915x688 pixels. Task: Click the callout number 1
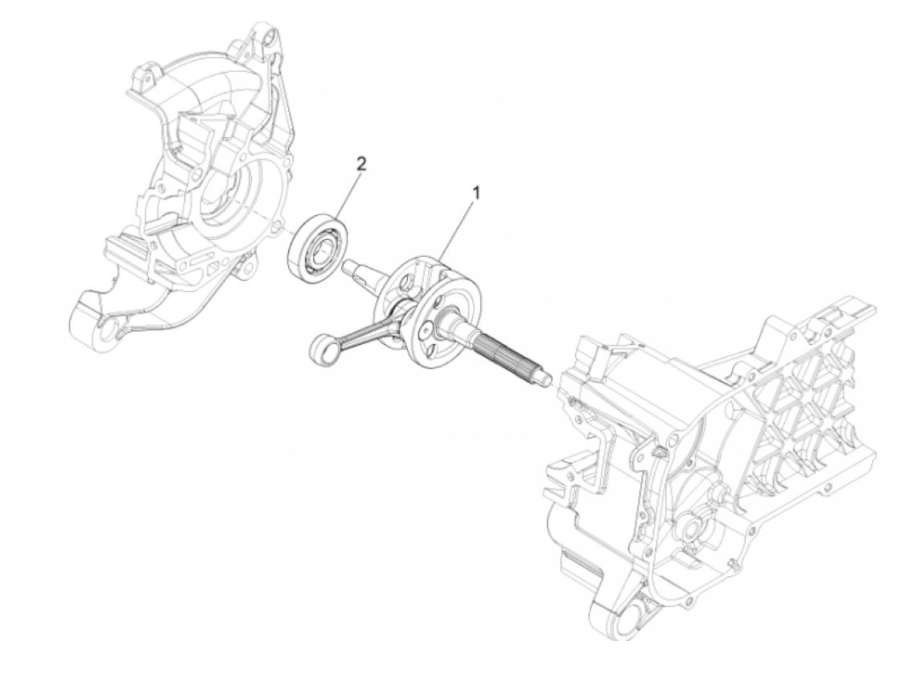(476, 193)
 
